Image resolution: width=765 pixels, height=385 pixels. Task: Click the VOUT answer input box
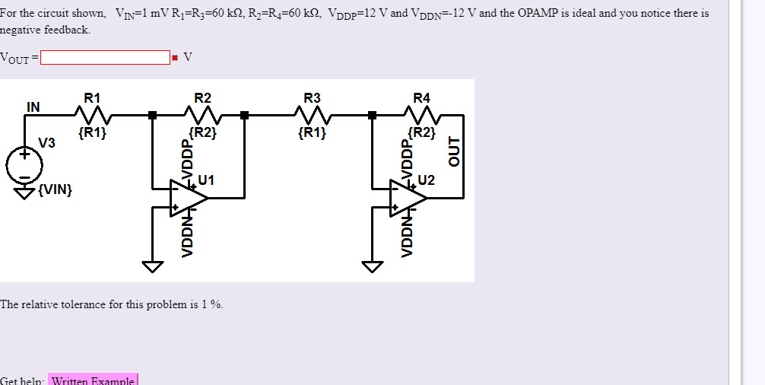[x=105, y=57]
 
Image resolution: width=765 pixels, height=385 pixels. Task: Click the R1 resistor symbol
[x=92, y=116]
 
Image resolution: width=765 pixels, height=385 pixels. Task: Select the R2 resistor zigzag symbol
[x=202, y=116]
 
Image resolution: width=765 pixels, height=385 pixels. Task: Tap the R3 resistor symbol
[x=313, y=116]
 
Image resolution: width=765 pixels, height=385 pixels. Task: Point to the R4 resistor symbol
[x=422, y=116]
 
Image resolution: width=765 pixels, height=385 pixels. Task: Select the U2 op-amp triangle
[x=408, y=198]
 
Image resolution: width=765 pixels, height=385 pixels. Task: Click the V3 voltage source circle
[x=24, y=164]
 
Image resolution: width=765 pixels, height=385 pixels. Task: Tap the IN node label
[x=33, y=106]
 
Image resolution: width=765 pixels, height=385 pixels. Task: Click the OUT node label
[x=455, y=151]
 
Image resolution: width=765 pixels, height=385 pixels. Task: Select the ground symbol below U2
[x=373, y=266]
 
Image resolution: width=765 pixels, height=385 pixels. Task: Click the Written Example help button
[x=93, y=380]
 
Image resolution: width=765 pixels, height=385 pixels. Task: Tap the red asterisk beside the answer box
[x=176, y=58]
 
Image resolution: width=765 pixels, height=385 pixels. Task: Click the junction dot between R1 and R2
[x=153, y=116]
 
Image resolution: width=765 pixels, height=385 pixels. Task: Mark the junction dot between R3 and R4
[x=372, y=116]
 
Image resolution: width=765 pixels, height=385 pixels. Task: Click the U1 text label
[x=206, y=180]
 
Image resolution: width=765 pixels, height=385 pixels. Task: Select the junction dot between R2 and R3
[x=244, y=116]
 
